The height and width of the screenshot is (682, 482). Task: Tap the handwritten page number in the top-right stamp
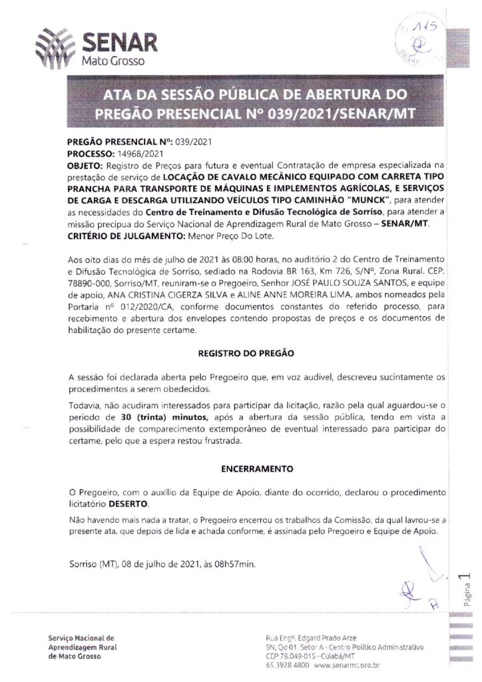(x=421, y=29)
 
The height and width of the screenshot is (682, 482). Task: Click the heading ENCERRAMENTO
(x=248, y=468)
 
